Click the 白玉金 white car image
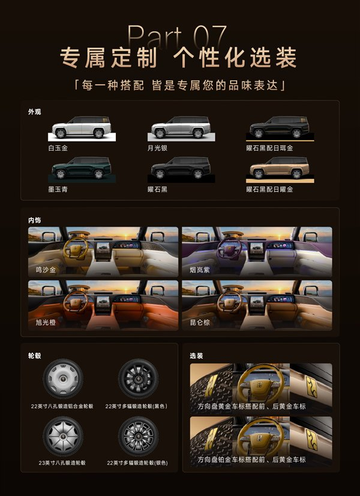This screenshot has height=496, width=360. pyautogui.click(x=82, y=128)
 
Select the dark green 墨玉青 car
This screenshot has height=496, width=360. pyautogui.click(x=82, y=169)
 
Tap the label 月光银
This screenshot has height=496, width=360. pyautogui.click(x=157, y=148)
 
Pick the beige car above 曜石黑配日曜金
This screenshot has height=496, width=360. pyautogui.click(x=280, y=168)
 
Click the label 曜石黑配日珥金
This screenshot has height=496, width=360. pyautogui.click(x=269, y=148)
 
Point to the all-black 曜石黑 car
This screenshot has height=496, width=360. pyautogui.click(x=181, y=169)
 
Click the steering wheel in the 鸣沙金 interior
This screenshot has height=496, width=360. pyautogui.click(x=76, y=248)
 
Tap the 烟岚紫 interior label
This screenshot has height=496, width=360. pyautogui.click(x=200, y=270)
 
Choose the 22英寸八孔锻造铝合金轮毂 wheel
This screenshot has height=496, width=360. pyautogui.click(x=63, y=378)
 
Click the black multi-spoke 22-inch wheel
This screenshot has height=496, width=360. pyautogui.click(x=138, y=378)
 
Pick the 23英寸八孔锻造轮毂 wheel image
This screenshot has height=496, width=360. pyautogui.click(x=63, y=436)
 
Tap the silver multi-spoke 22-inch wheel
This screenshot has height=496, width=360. pyautogui.click(x=138, y=436)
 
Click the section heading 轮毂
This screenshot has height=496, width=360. pyautogui.click(x=34, y=356)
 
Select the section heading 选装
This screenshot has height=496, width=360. pyautogui.click(x=196, y=356)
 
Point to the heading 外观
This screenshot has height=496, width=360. pyautogui.click(x=34, y=112)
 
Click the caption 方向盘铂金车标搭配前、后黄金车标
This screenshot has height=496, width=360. pyautogui.click(x=252, y=459)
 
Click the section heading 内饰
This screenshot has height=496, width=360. pyautogui.click(x=34, y=220)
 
